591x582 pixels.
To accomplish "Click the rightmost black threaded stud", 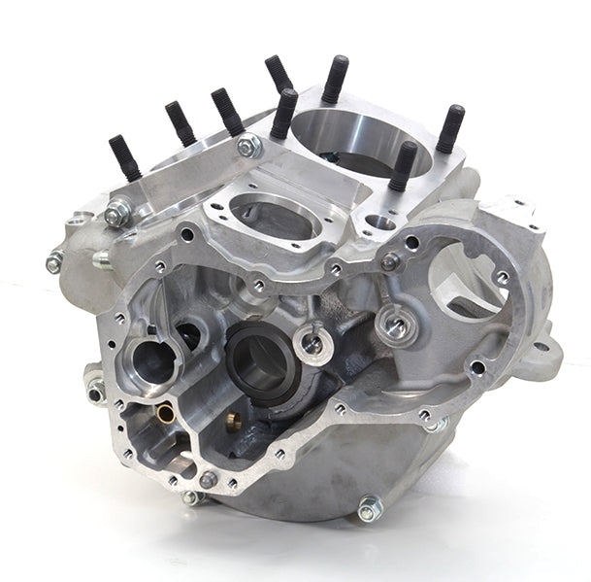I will click(x=450, y=128).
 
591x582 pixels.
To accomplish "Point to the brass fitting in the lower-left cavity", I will click(x=167, y=416).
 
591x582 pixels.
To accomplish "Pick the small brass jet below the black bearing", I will click(x=232, y=420).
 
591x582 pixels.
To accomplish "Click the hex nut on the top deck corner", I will click(x=247, y=147).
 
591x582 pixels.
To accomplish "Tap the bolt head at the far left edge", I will click(x=54, y=260).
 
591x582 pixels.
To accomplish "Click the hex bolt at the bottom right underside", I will click(x=368, y=508).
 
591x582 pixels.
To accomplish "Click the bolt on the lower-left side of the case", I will click(x=96, y=391).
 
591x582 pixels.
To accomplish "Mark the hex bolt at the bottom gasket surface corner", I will click(x=209, y=479).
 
